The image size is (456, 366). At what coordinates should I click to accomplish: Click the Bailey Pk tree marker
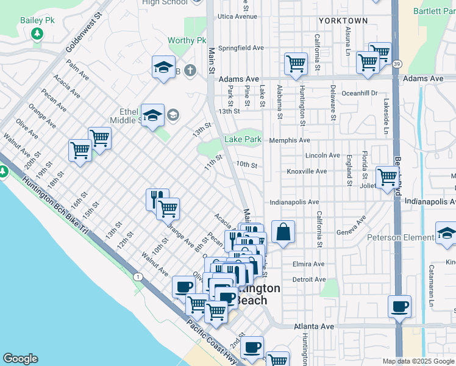click(38, 34)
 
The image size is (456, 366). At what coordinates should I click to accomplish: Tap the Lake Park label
click(243, 140)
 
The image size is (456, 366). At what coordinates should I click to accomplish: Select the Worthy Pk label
click(187, 41)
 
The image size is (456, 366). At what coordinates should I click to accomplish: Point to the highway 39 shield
click(397, 63)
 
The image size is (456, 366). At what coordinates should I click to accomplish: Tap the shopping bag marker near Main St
click(283, 232)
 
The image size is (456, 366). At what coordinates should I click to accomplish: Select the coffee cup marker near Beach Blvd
click(399, 306)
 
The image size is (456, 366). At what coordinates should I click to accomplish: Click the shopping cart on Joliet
click(387, 178)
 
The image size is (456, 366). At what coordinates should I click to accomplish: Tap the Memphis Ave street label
click(290, 140)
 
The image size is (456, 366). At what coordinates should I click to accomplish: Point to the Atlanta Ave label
click(314, 326)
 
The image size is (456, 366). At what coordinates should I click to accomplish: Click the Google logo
click(20, 359)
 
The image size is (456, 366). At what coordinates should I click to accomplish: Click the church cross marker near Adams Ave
click(190, 70)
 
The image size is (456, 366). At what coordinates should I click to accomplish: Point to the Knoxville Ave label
click(313, 171)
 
